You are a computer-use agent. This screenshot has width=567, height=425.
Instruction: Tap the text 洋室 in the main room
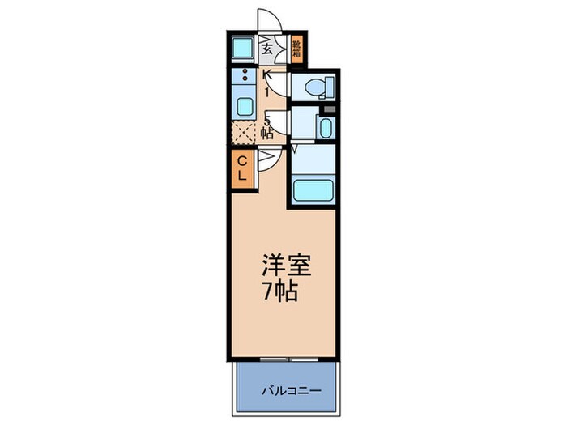pyautogui.click(x=283, y=266)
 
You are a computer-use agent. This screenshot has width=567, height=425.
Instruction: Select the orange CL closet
pyautogui.click(x=243, y=168)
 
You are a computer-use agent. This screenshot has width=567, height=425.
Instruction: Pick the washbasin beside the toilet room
pyautogui.click(x=325, y=128)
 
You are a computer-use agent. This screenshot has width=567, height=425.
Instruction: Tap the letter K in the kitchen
pyautogui.click(x=266, y=76)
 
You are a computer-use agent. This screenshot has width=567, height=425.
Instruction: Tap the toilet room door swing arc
pyautogui.click(x=277, y=84)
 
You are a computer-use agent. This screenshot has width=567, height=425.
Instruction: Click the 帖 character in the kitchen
pyautogui.click(x=266, y=134)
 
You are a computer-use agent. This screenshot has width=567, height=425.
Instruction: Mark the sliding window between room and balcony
pyautogui.click(x=283, y=357)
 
